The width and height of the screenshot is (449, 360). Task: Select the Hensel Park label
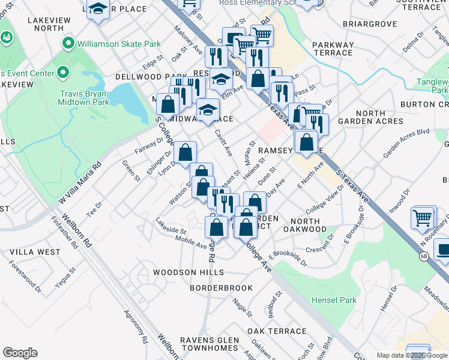click(334, 300)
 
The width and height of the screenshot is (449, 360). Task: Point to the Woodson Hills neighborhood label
click(183, 272)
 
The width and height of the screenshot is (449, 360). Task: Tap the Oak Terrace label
click(277, 331)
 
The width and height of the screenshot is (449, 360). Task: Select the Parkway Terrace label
click(332, 49)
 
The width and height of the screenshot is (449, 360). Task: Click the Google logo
click(20, 353)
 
